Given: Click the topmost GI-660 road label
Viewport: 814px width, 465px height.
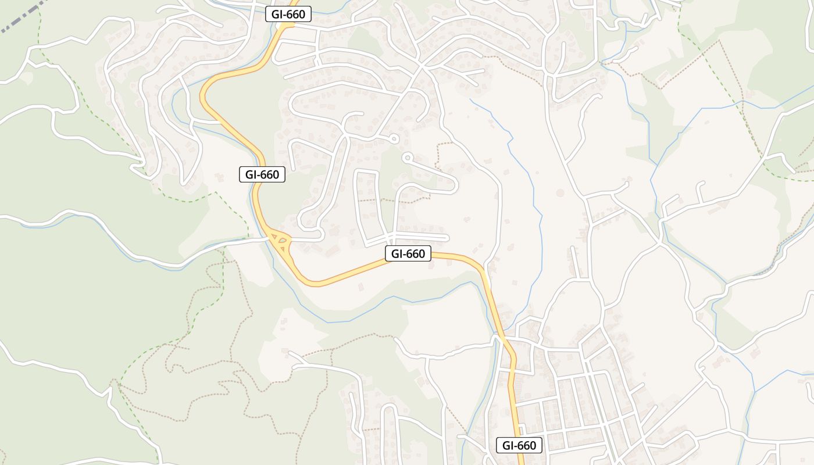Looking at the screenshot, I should (288, 14).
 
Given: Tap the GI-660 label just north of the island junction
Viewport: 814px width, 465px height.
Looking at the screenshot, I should (262, 174).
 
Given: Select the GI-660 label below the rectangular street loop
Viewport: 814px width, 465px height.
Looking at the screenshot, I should (408, 253).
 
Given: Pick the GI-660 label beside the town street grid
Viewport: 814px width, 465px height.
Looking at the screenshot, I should (519, 446).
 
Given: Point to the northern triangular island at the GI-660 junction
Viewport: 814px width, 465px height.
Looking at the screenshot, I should (274, 237).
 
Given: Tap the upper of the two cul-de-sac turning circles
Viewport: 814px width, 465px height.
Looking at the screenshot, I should (394, 138).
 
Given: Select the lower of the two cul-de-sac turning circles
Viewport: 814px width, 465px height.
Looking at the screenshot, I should (407, 156).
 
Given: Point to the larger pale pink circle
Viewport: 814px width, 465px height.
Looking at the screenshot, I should (560, 192).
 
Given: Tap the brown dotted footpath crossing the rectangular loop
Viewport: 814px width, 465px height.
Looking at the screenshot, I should (378, 200).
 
